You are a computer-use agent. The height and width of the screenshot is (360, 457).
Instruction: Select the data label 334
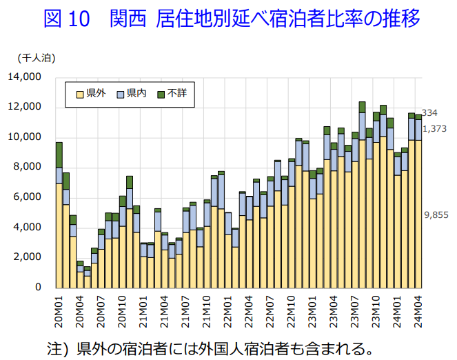pyautogui.click(x=429, y=113)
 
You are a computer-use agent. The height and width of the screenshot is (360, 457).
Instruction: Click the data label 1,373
pyautogui.click(x=434, y=128)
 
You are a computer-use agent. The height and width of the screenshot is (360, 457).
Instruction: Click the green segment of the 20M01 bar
pyautogui.click(x=59, y=154)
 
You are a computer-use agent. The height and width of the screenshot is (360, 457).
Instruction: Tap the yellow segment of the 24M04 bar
pyautogui.click(x=418, y=214)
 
